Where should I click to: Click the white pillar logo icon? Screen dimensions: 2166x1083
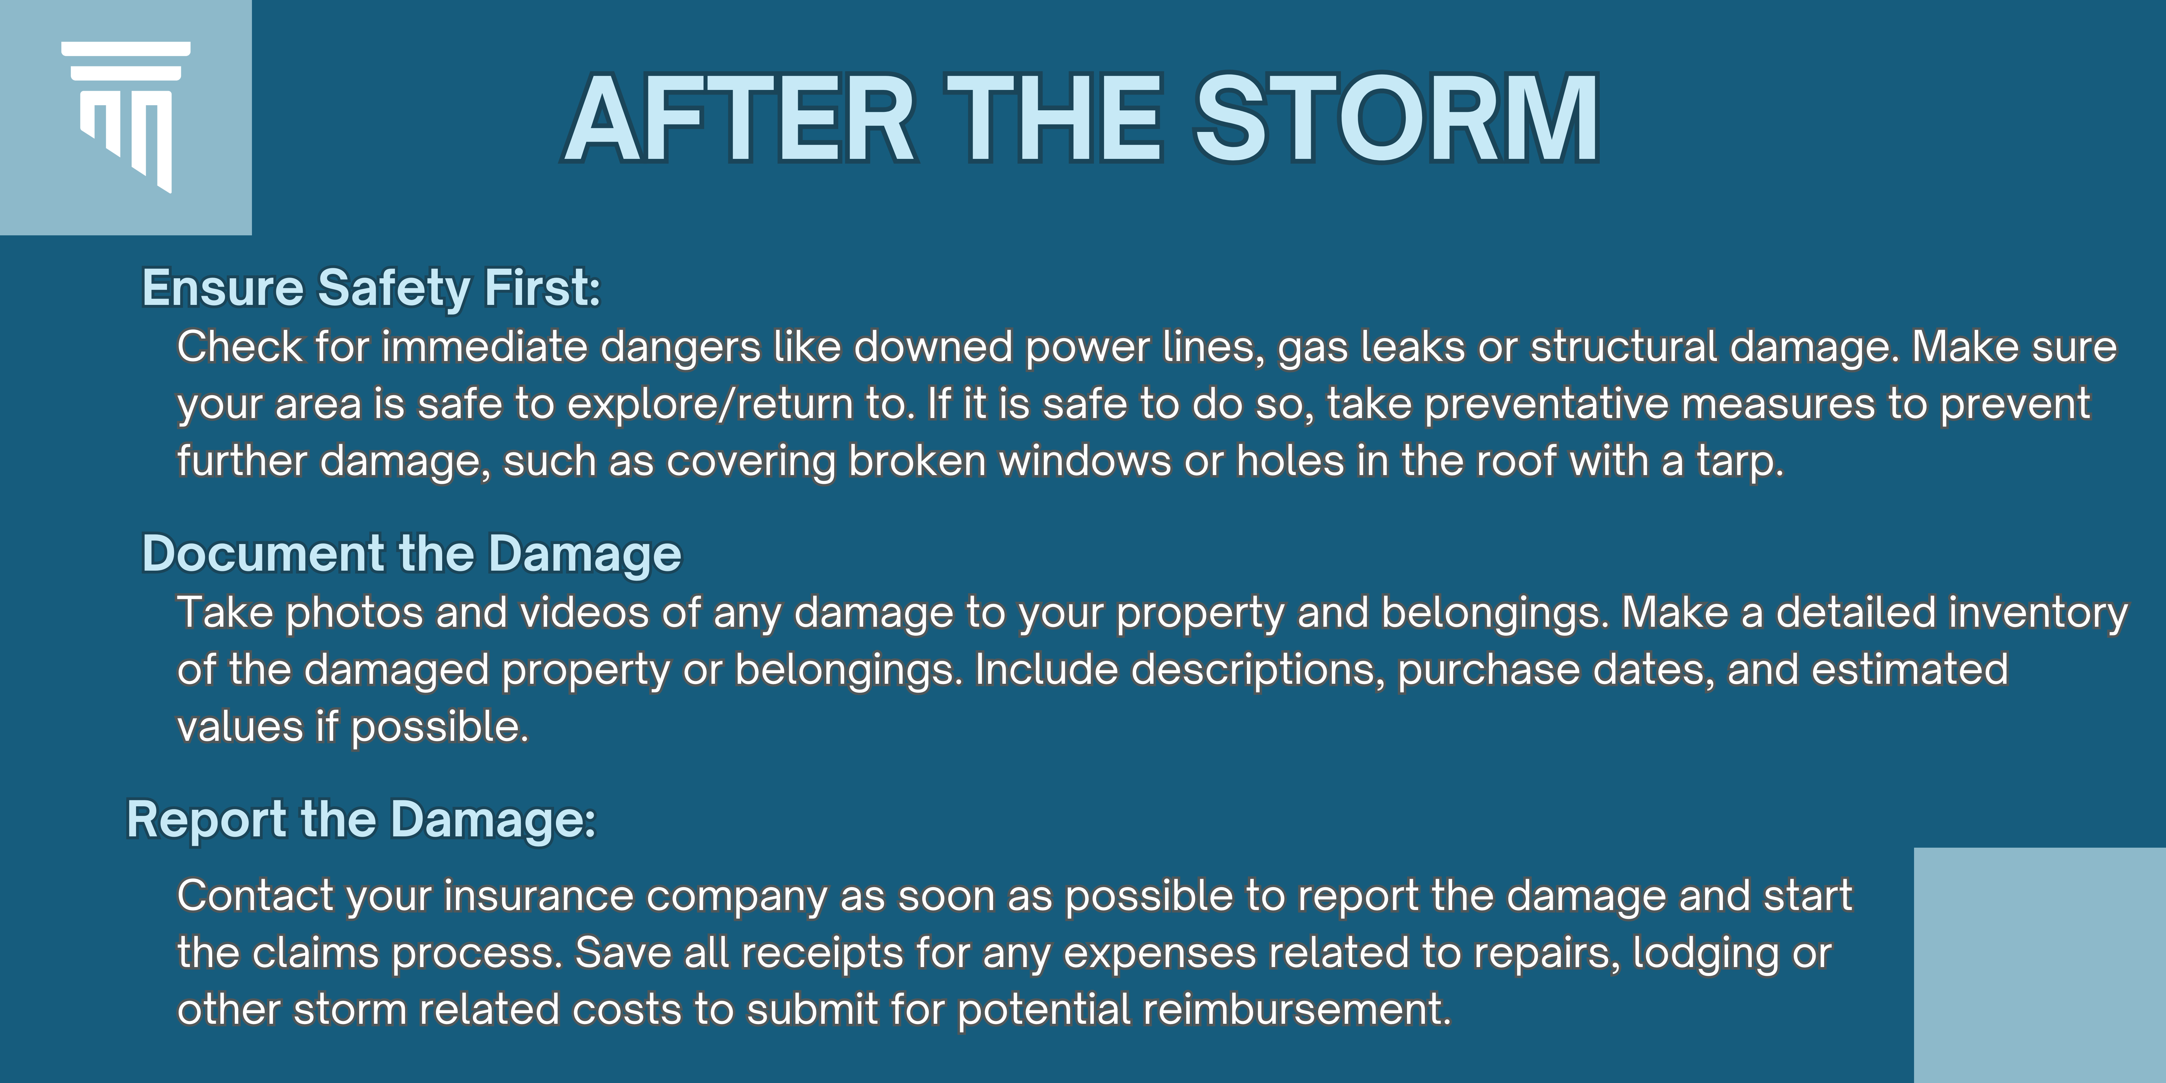(x=126, y=116)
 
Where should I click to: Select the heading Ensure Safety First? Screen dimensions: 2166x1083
(x=371, y=288)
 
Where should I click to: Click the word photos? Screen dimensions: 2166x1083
(x=355, y=614)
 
